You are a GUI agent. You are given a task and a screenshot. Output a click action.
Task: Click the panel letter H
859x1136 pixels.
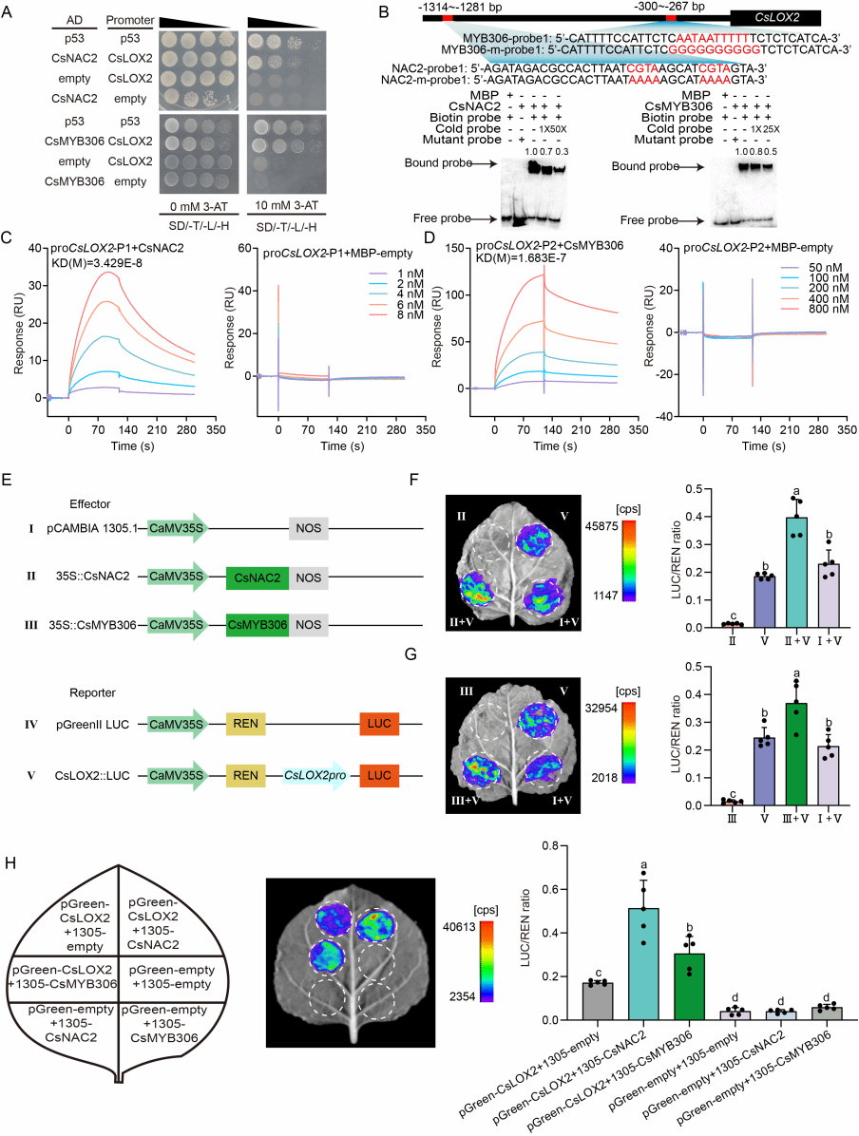(x=10, y=837)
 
